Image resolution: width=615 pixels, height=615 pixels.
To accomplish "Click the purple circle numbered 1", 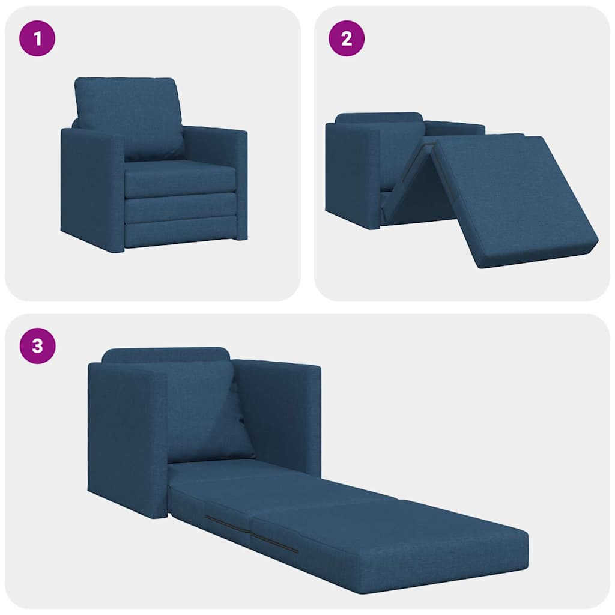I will tap(38, 39).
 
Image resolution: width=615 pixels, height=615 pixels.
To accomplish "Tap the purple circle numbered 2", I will tap(346, 39).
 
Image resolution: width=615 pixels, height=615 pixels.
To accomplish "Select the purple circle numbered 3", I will tap(38, 347).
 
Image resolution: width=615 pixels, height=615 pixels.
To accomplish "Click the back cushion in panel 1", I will tap(129, 114).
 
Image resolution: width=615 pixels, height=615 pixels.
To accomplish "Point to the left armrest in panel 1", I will tap(91, 186).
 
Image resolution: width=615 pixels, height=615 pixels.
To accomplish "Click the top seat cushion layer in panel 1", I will tap(180, 177).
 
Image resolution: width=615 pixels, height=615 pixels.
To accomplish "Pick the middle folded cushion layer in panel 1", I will tap(180, 207).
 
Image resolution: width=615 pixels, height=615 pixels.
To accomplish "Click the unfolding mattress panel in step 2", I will tap(510, 198).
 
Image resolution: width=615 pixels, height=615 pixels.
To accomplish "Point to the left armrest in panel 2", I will tap(353, 174).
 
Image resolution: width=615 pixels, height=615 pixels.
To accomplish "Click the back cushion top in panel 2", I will tap(378, 117).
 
